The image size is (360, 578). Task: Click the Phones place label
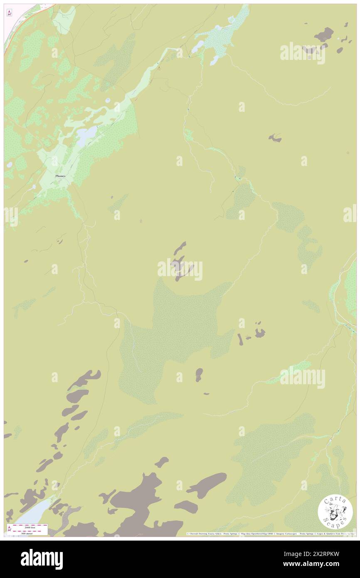coord(60,176)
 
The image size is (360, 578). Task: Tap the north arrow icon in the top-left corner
coord(9,12)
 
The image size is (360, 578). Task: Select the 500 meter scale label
coord(27,533)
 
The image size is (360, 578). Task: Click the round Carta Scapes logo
coord(335,512)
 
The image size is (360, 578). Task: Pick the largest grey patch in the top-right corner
coord(324,34)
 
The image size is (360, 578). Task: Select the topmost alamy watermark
coord(302,53)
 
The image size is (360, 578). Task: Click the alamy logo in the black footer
coord(42,559)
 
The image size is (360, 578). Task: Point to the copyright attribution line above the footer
coord(270,534)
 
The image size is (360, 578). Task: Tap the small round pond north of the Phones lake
coord(108,100)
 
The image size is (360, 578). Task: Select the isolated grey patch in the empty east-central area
coord(275,138)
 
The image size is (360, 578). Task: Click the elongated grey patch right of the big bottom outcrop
coord(206,484)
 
